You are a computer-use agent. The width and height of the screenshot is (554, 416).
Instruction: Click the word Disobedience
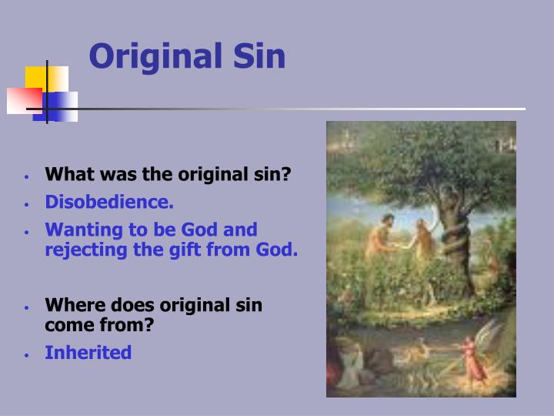click(x=109, y=202)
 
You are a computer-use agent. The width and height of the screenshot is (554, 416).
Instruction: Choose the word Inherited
click(x=88, y=353)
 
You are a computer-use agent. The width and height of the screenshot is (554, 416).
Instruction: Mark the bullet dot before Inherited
click(x=26, y=355)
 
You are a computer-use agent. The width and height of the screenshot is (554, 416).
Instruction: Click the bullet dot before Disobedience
click(x=26, y=204)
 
